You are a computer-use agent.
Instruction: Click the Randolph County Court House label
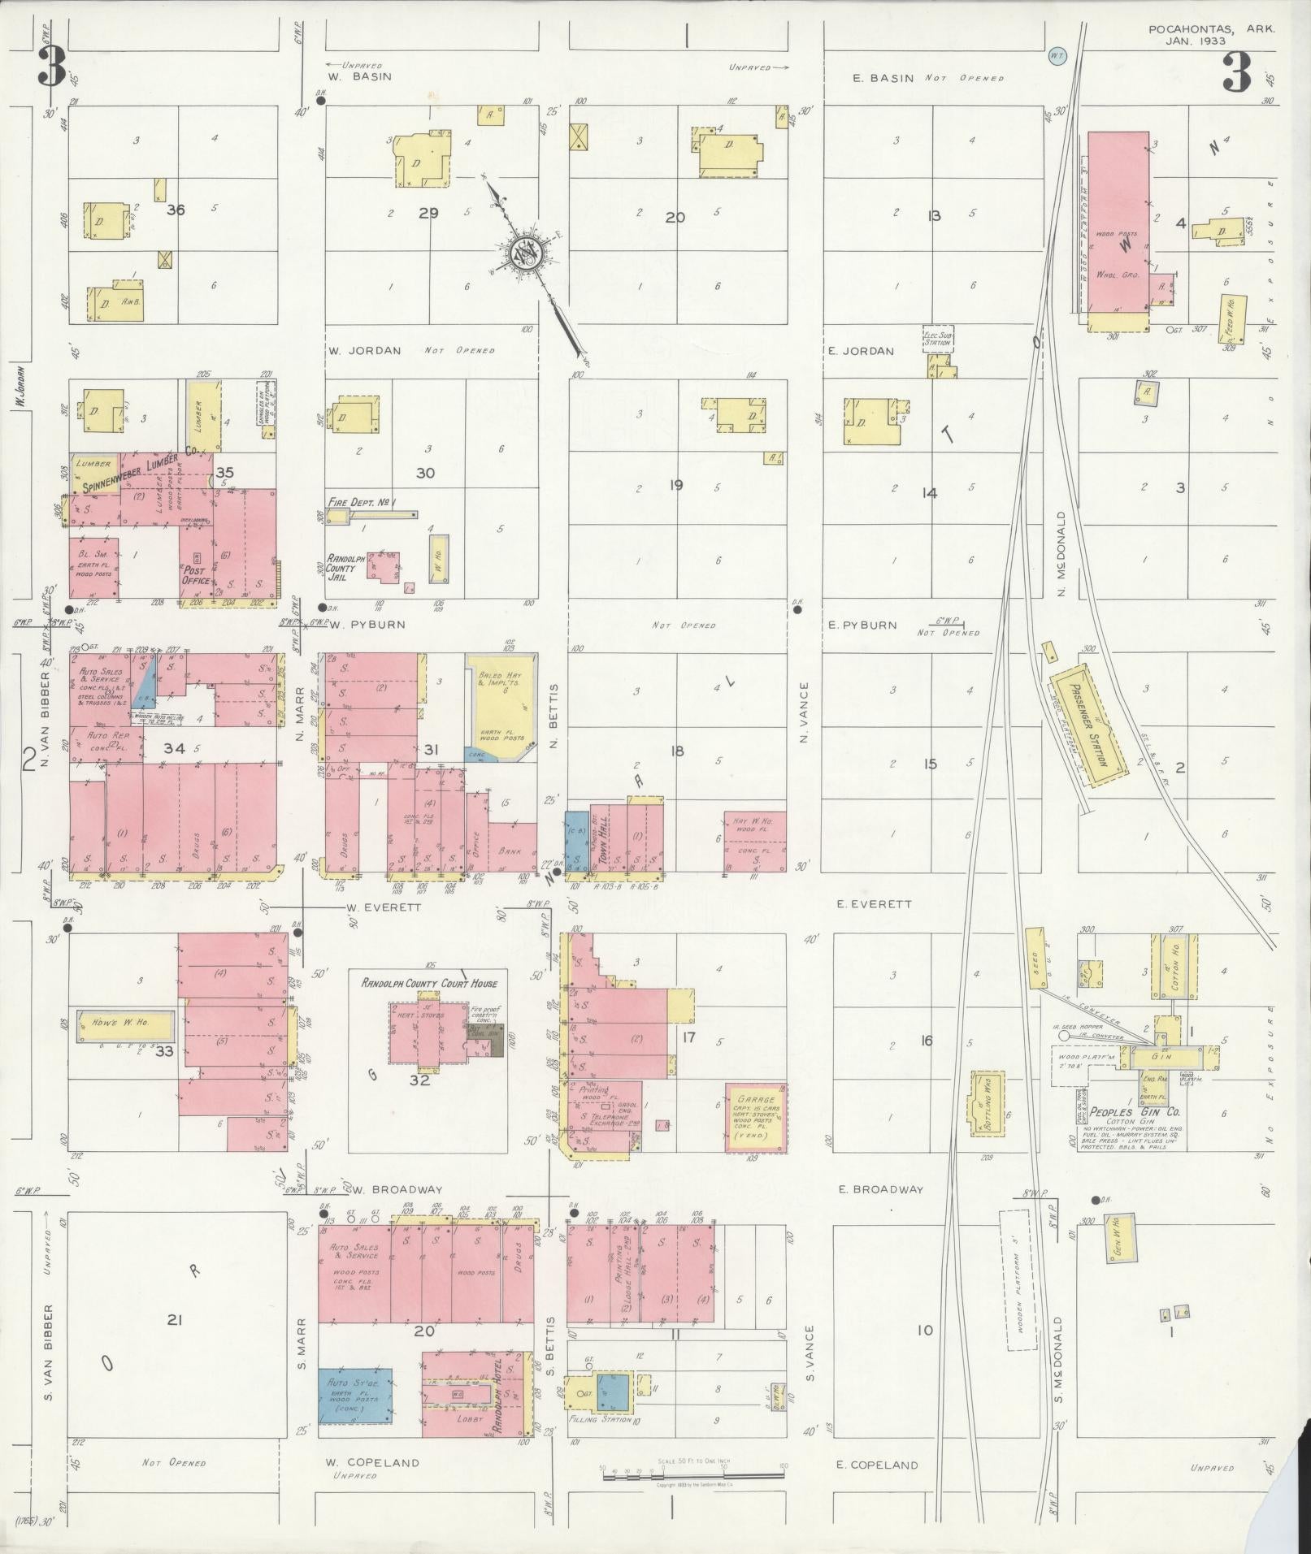[x=428, y=983]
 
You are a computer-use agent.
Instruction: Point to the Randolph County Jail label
[x=342, y=567]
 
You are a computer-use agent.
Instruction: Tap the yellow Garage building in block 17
[x=757, y=1116]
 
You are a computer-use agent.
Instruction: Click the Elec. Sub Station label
[x=937, y=338]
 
